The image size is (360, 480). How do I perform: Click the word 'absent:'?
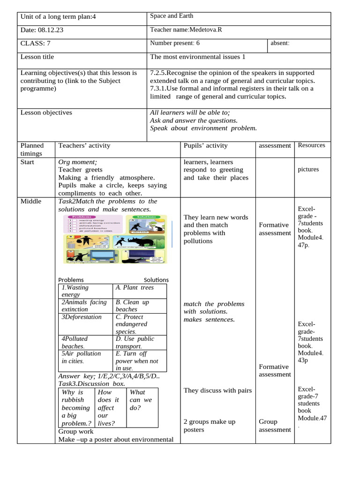pos(280,44)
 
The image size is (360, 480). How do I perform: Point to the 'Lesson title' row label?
pos(37,57)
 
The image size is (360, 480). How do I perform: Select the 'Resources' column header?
pos(311,145)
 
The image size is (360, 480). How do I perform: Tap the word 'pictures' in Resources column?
pos(308,170)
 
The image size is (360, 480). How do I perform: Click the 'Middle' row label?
pos(31,202)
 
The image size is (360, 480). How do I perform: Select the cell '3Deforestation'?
pos(82,317)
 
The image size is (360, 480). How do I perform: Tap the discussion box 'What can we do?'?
pos(141,400)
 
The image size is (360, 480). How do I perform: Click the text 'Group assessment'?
pos(275,426)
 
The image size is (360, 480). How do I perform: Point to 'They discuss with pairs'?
pos(217,390)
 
